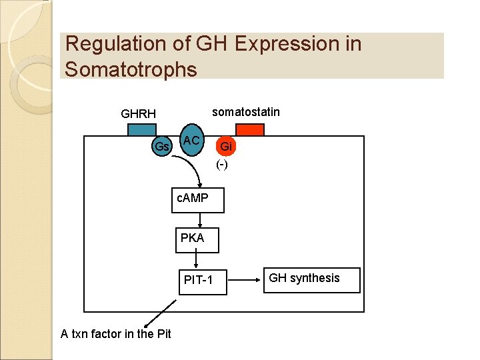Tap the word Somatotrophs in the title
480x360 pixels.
pyautogui.click(x=131, y=69)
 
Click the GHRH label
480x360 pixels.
pyautogui.click(x=138, y=114)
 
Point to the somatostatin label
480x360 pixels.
pyautogui.click(x=246, y=112)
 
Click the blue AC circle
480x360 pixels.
pyautogui.click(x=192, y=140)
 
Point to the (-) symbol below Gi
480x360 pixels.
pyautogui.click(x=222, y=164)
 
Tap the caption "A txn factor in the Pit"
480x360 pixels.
pyautogui.click(x=116, y=334)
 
